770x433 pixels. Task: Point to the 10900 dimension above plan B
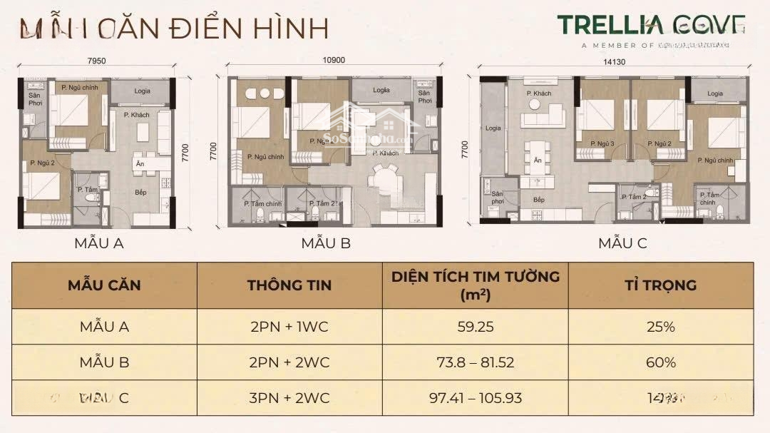tap(333, 60)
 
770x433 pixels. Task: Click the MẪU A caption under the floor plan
tap(99, 243)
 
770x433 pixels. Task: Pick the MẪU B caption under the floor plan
tap(326, 243)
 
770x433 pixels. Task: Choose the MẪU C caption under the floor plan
tap(622, 243)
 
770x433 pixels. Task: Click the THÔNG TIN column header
tap(289, 285)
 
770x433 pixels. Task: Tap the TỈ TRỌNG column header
tap(660, 285)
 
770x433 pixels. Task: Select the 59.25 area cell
tap(475, 327)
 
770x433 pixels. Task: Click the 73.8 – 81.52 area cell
tap(475, 362)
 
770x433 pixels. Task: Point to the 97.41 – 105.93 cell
tap(475, 398)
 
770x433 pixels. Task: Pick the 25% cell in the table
tap(660, 327)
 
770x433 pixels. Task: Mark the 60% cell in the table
tap(660, 362)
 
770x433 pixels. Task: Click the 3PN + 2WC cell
tap(289, 398)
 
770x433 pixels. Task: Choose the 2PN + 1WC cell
tap(289, 327)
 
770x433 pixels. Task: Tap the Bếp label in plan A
tap(142, 192)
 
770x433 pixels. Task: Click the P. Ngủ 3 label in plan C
tap(602, 144)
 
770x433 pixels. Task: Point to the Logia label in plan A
tap(140, 91)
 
